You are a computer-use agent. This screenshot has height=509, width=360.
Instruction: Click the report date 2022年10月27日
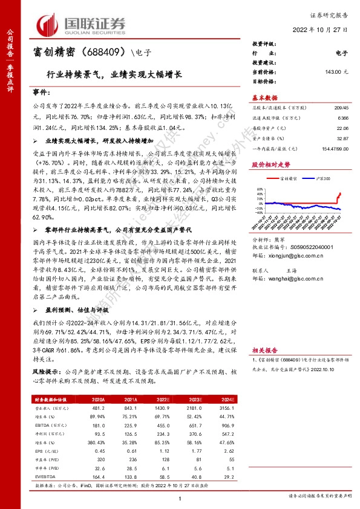tap(320, 30)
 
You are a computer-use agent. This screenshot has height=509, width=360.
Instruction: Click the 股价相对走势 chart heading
tap(270, 164)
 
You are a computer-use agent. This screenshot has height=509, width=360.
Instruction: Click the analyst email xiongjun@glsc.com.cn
tap(287, 255)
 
